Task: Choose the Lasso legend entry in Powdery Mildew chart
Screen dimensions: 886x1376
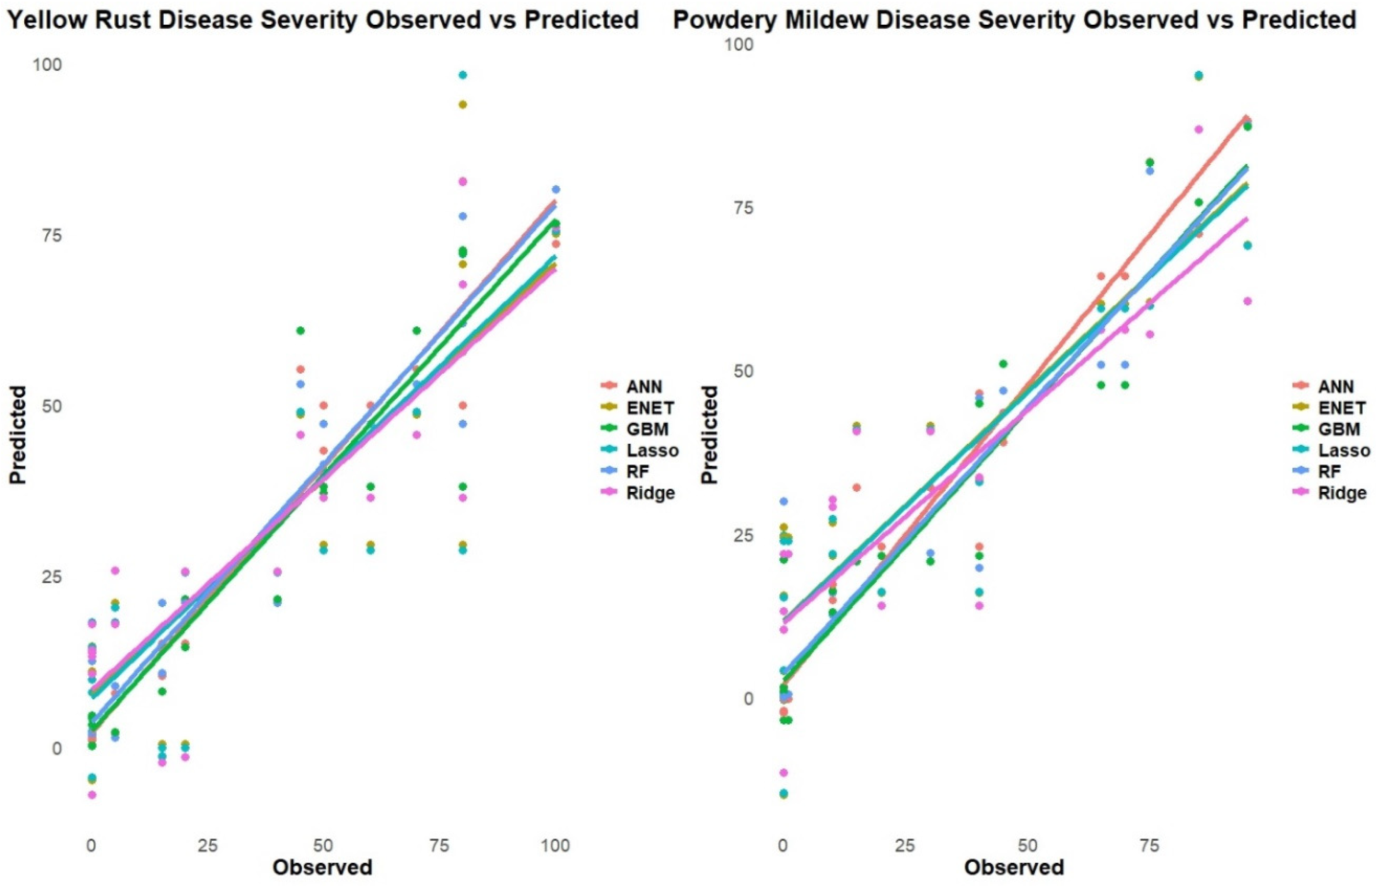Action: (x=1344, y=450)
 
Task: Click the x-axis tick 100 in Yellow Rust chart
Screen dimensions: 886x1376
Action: (x=556, y=845)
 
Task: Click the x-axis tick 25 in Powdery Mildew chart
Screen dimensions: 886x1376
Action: (x=905, y=845)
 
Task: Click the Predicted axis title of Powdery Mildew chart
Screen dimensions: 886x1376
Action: (x=711, y=435)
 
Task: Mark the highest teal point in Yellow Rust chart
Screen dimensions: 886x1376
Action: (x=463, y=75)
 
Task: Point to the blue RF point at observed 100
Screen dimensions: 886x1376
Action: (x=556, y=189)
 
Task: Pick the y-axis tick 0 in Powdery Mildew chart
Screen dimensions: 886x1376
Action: (x=748, y=698)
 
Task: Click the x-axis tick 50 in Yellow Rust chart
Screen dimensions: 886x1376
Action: (x=323, y=845)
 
